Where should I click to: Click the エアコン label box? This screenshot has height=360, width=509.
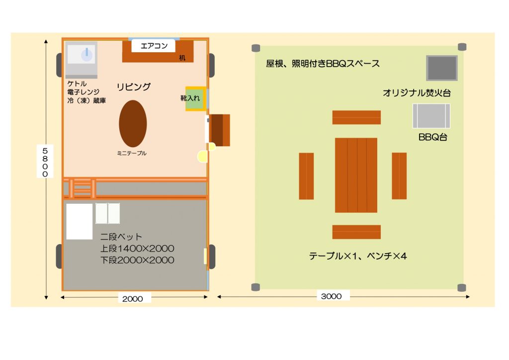tap(153, 46)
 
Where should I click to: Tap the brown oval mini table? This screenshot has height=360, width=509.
tap(133, 124)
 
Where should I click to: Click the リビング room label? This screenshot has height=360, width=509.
tap(133, 87)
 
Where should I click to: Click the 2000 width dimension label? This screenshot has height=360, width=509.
tap(133, 299)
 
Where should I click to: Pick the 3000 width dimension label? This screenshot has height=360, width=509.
tap(332, 296)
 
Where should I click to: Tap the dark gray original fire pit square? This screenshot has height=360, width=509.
tap(442, 68)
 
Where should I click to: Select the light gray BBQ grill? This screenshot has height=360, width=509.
tap(431, 116)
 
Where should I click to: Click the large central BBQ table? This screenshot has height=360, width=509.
tap(356, 176)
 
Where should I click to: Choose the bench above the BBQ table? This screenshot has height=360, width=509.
tap(356, 117)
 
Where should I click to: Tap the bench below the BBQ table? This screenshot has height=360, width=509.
tap(356, 232)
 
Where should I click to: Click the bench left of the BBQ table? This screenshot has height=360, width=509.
tap(306, 176)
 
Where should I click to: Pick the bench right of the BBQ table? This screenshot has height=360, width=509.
tap(399, 176)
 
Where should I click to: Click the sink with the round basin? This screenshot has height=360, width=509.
tap(82, 60)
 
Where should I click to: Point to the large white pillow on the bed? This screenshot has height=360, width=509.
tap(80, 222)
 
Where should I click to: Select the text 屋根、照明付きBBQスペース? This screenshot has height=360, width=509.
tap(323, 64)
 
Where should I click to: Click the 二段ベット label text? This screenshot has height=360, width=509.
tap(121, 237)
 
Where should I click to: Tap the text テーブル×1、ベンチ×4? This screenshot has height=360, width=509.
tap(358, 256)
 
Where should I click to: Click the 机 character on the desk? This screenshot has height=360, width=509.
tap(182, 58)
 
